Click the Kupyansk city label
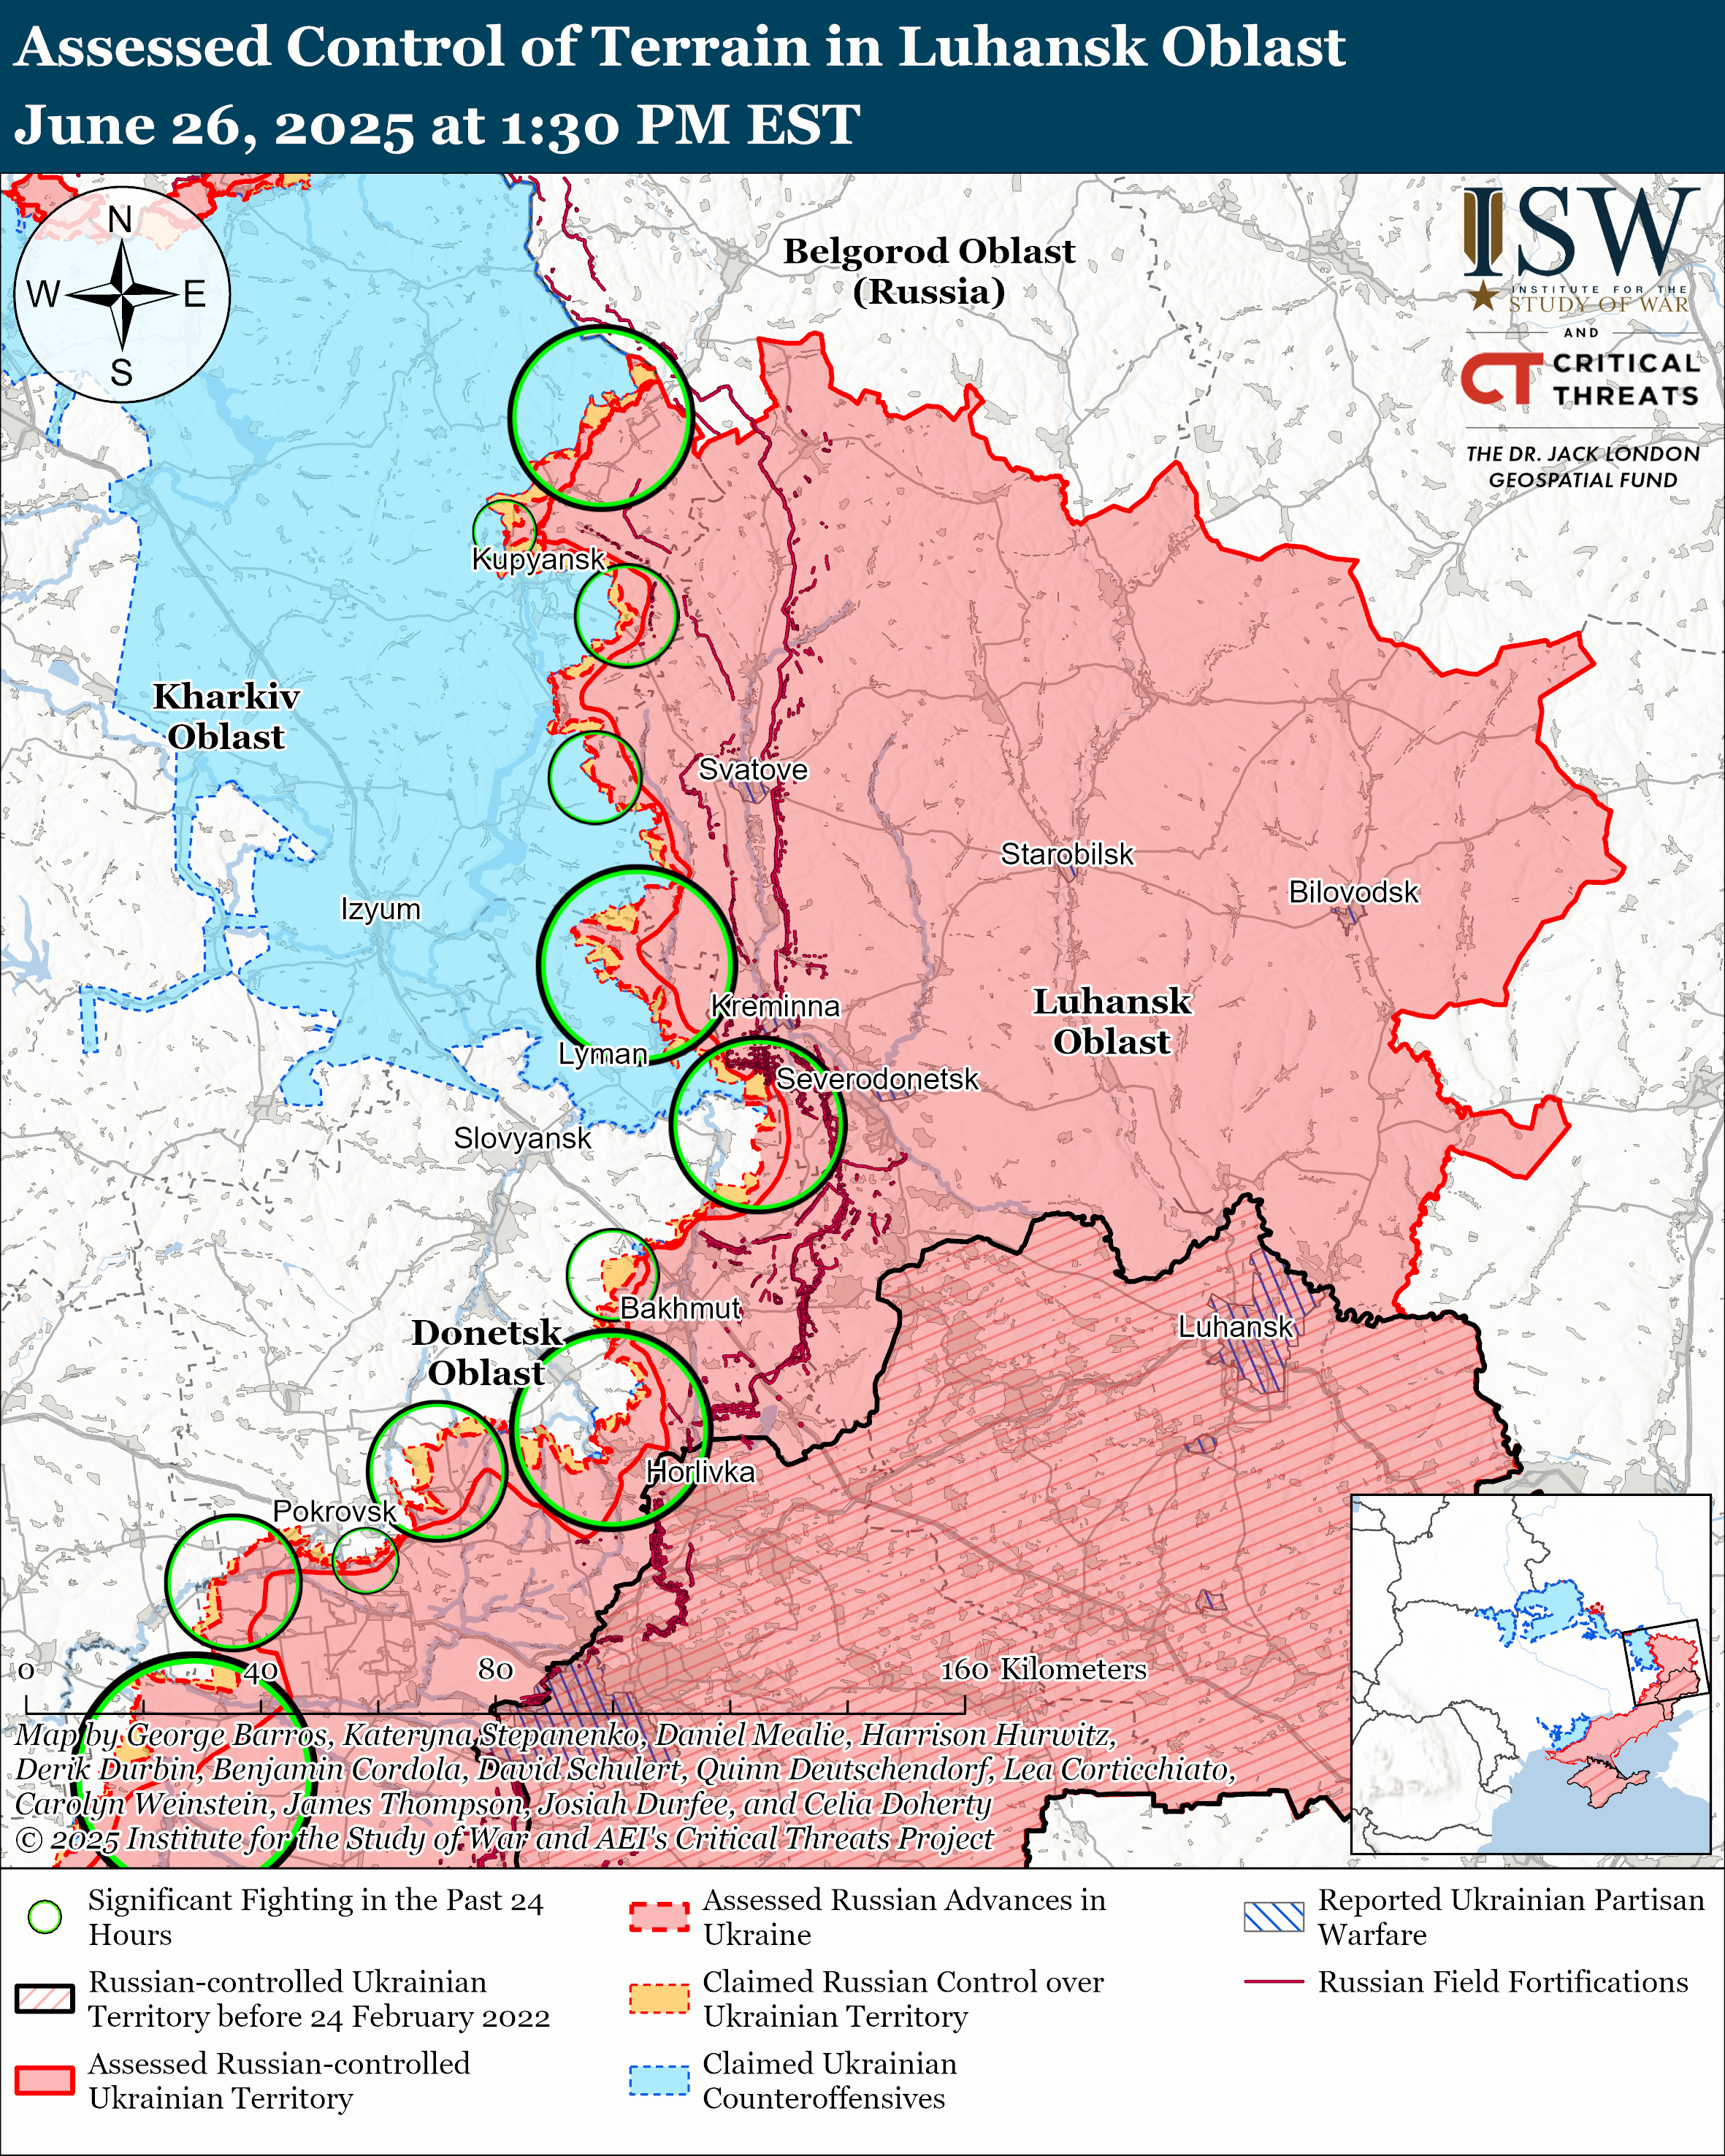(538, 559)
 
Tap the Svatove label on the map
(752, 770)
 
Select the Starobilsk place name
(1067, 855)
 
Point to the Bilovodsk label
(1353, 892)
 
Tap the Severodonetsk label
(877, 1080)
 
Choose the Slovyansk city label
(522, 1139)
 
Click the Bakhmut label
(680, 1308)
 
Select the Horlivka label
(700, 1472)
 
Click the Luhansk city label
(1235, 1327)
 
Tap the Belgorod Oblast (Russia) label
(928, 271)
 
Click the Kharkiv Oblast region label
(226, 716)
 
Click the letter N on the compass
(120, 219)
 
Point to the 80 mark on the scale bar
(495, 1669)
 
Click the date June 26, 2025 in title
(212, 127)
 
